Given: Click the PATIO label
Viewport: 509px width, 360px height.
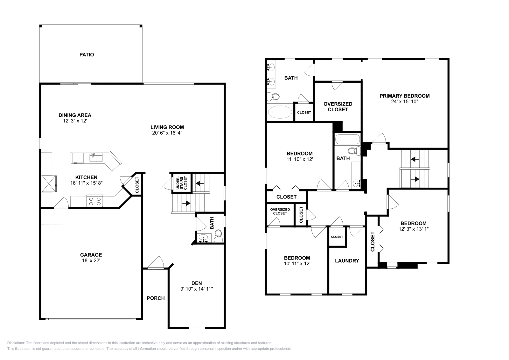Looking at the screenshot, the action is (87, 54).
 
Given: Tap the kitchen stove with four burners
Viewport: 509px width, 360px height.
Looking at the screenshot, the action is (95, 201).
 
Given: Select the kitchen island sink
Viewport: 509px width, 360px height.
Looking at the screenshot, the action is (96, 157).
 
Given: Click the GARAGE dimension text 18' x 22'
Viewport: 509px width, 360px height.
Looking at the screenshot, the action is (91, 260).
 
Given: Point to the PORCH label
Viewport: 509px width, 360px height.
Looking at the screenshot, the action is (156, 298).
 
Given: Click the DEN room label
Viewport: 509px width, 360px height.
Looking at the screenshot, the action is (197, 283).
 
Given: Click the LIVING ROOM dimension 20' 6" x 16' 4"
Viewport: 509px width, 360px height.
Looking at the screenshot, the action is (167, 133).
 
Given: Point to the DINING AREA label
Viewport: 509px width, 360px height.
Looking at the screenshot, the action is (75, 115).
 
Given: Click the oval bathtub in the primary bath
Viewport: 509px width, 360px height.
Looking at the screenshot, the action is (280, 112).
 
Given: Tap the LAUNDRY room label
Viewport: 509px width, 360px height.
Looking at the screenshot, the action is (347, 260).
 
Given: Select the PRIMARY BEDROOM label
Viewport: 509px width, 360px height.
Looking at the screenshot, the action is (404, 96).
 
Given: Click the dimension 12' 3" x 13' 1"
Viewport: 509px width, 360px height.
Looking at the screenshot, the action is (414, 229).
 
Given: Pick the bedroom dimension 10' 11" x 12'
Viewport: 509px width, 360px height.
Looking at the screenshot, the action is (297, 263).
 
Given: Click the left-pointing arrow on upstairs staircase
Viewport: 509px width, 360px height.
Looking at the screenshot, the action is (415, 159).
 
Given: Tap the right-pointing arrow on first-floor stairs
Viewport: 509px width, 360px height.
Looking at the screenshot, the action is (186, 203).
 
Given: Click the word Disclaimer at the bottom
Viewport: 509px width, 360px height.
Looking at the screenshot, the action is (16, 343).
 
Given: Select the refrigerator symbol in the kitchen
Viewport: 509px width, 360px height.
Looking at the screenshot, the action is (49, 183).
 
